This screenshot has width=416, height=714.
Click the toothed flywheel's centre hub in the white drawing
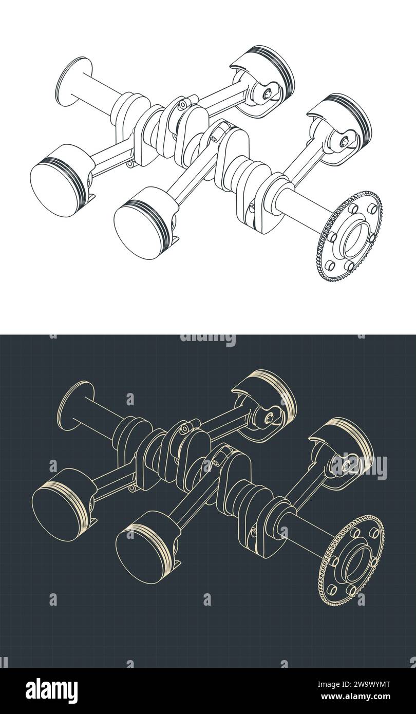tap(354, 239)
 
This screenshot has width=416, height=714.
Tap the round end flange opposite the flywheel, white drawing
tap(72, 82)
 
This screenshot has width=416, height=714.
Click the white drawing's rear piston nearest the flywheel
tap(342, 121)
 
